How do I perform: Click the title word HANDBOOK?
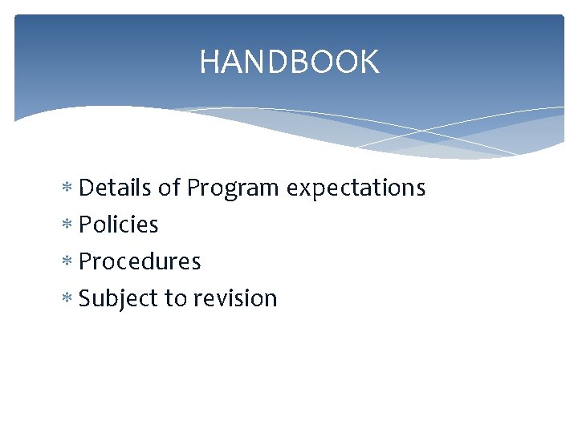[x=289, y=62]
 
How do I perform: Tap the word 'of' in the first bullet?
[x=169, y=188]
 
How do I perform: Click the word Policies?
[x=119, y=225]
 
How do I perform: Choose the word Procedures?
[x=140, y=261]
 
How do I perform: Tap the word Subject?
[x=119, y=299]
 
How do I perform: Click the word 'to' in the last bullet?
[x=176, y=298]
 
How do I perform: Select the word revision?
[x=235, y=298]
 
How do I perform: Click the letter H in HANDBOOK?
[x=210, y=62]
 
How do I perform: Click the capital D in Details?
[x=87, y=188]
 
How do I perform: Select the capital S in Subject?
[x=86, y=298]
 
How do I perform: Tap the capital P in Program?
[x=193, y=188]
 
